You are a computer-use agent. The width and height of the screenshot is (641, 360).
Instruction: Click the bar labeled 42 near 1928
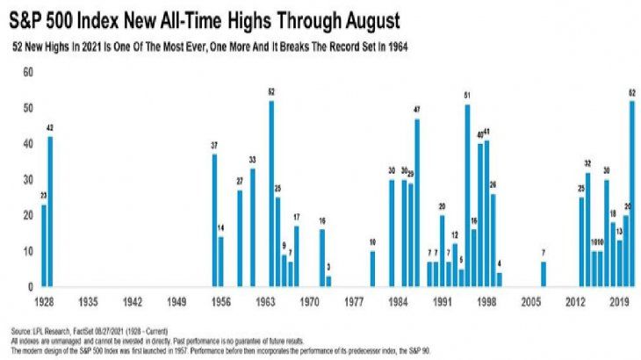[x=50, y=211]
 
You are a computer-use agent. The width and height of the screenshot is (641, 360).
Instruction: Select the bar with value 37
[x=214, y=220]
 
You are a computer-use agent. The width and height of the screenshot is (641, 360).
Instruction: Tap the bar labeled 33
[x=253, y=227]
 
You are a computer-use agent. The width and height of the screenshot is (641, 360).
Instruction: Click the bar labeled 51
[x=467, y=195]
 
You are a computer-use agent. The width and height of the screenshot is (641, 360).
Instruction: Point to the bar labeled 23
[x=43, y=245]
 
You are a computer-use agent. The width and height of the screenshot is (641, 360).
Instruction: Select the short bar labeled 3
[x=328, y=281]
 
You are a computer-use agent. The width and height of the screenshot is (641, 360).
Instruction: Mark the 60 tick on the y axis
[x=26, y=71]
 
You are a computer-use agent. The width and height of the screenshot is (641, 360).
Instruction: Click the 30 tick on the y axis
[x=26, y=179]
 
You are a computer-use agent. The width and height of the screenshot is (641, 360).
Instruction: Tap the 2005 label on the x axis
[x=532, y=300]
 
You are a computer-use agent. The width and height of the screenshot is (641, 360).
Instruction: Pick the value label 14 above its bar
[x=221, y=229]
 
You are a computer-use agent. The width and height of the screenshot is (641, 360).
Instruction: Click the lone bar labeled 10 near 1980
[x=372, y=269]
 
